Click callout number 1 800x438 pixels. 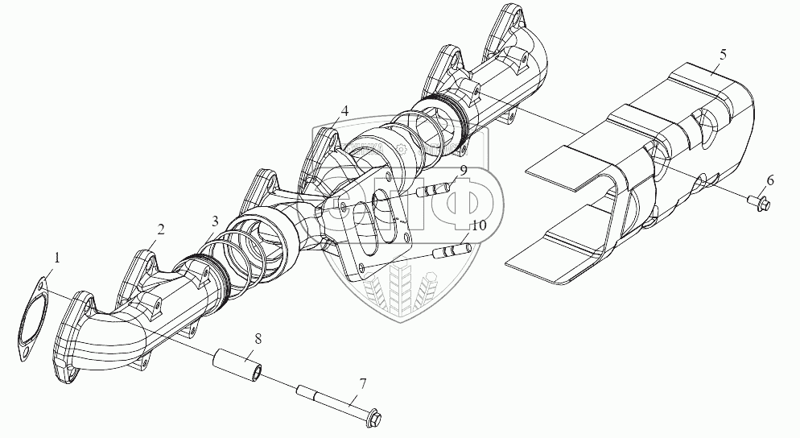point(58,258)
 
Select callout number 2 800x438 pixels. point(161,229)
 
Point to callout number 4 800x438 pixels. point(344,110)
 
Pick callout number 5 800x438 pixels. point(722,54)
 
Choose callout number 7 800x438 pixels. point(362,383)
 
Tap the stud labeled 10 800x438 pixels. point(452,254)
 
